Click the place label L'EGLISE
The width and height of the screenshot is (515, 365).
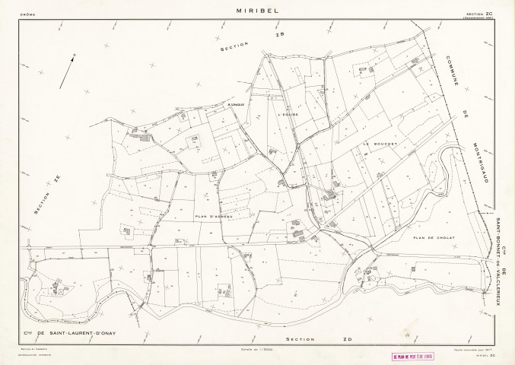[290, 114]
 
